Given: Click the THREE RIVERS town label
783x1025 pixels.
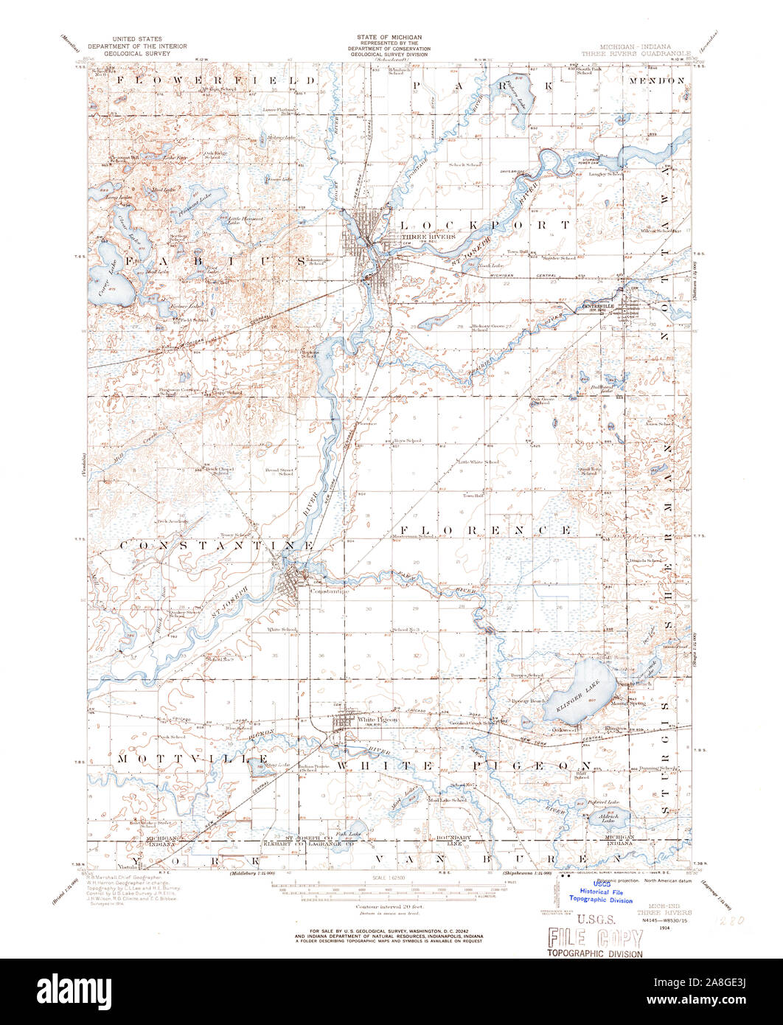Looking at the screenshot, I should click(417, 237).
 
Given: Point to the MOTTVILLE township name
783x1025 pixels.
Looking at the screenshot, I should click(192, 759).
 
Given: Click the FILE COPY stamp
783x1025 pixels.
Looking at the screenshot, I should click(594, 938).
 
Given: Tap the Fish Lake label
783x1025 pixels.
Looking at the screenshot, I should click(350, 834).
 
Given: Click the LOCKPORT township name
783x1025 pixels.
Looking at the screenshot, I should click(484, 223).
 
